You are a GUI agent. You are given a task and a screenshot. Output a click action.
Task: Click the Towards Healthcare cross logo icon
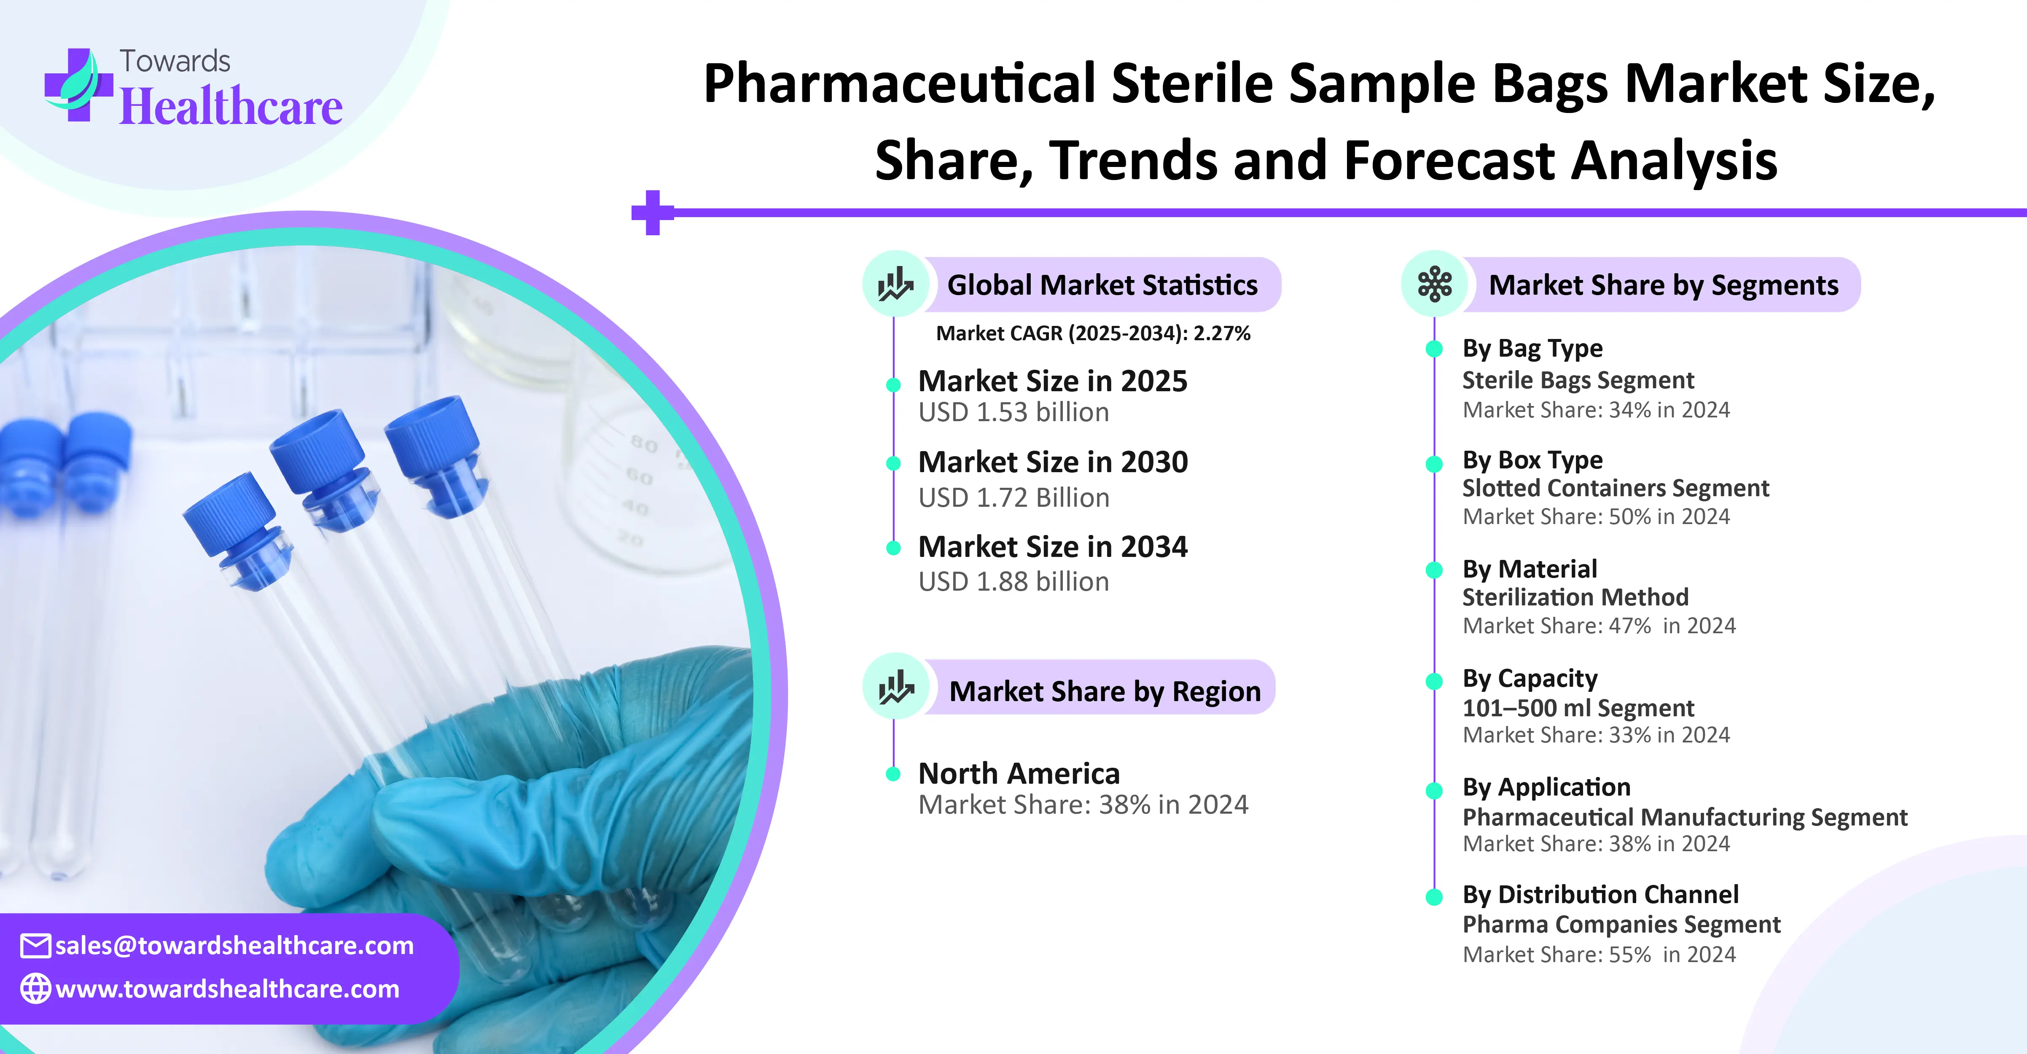click(x=77, y=84)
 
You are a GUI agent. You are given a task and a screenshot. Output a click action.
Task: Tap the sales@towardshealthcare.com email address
click(x=234, y=945)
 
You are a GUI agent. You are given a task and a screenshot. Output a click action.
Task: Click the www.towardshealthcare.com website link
click(x=227, y=989)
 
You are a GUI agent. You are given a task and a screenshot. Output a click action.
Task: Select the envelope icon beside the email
click(x=35, y=945)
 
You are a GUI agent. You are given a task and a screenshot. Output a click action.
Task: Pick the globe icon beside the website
click(x=35, y=989)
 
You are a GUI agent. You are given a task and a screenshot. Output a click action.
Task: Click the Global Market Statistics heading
click(x=1102, y=285)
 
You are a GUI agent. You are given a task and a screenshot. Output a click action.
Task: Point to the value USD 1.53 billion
click(x=1013, y=412)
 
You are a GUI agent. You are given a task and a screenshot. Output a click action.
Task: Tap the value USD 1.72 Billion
click(x=1013, y=497)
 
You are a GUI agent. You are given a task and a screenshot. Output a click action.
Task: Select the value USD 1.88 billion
click(x=1013, y=582)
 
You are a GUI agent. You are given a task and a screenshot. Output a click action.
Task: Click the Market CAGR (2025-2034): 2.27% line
click(x=1093, y=334)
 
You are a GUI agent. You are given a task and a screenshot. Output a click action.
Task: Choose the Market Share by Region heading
click(x=1105, y=691)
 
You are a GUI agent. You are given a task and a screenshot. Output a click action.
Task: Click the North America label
click(x=1019, y=774)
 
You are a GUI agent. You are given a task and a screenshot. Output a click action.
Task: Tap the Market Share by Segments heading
click(x=1664, y=285)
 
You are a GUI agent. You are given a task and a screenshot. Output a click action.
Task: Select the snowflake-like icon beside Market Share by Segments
click(x=1435, y=284)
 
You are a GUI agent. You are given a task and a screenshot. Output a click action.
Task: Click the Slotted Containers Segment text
click(x=1616, y=488)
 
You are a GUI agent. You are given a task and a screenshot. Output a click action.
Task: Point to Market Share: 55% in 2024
click(x=1599, y=955)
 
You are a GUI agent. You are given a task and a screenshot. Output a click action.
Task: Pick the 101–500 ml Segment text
click(x=1578, y=707)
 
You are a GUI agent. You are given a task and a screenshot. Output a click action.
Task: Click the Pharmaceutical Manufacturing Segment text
click(x=1685, y=817)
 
